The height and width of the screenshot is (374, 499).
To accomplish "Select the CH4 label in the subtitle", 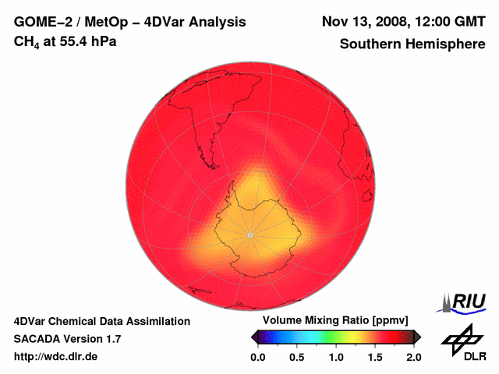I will [x=27, y=41].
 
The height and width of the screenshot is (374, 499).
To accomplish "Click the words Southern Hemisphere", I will [x=412, y=44].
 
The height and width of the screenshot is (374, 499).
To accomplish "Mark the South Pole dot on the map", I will [x=249, y=235].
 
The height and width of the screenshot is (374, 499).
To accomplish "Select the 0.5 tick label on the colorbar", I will [x=296, y=357].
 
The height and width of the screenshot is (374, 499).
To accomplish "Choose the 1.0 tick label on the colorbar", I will [x=336, y=357].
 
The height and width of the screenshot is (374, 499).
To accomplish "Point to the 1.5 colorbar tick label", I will [x=375, y=357].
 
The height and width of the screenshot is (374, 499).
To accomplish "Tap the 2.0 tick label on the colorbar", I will [x=414, y=357].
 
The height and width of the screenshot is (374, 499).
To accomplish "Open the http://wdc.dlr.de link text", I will [x=56, y=357].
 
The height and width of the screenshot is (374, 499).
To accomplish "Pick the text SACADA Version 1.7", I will [x=67, y=339].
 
